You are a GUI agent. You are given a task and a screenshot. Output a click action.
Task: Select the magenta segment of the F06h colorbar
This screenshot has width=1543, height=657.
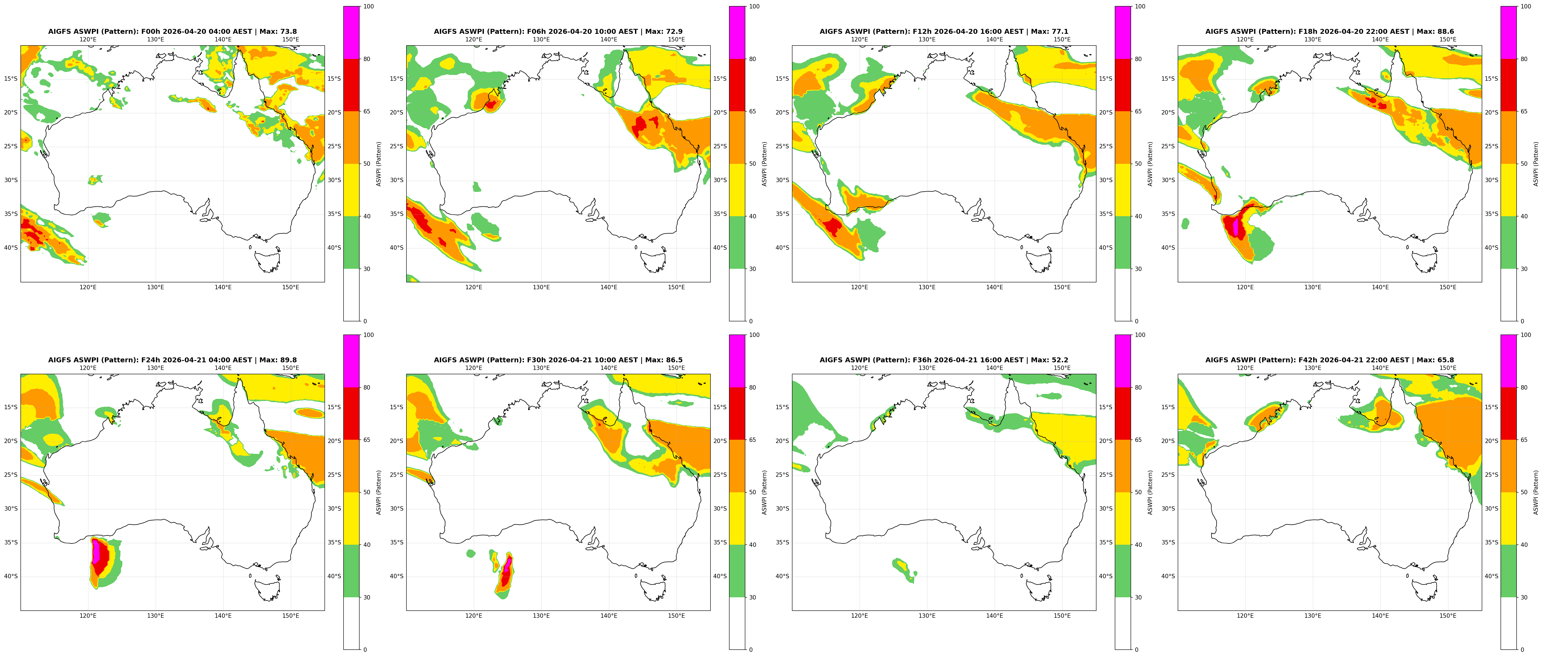(737, 32)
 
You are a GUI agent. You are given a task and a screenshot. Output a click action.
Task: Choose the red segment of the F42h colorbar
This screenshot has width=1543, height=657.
(1508, 414)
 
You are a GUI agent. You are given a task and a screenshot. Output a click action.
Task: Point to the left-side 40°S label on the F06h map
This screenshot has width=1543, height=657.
(397, 248)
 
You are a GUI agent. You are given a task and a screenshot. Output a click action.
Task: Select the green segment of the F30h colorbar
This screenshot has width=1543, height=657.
(737, 571)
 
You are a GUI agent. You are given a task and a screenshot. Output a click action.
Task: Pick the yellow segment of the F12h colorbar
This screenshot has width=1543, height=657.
(1122, 190)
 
